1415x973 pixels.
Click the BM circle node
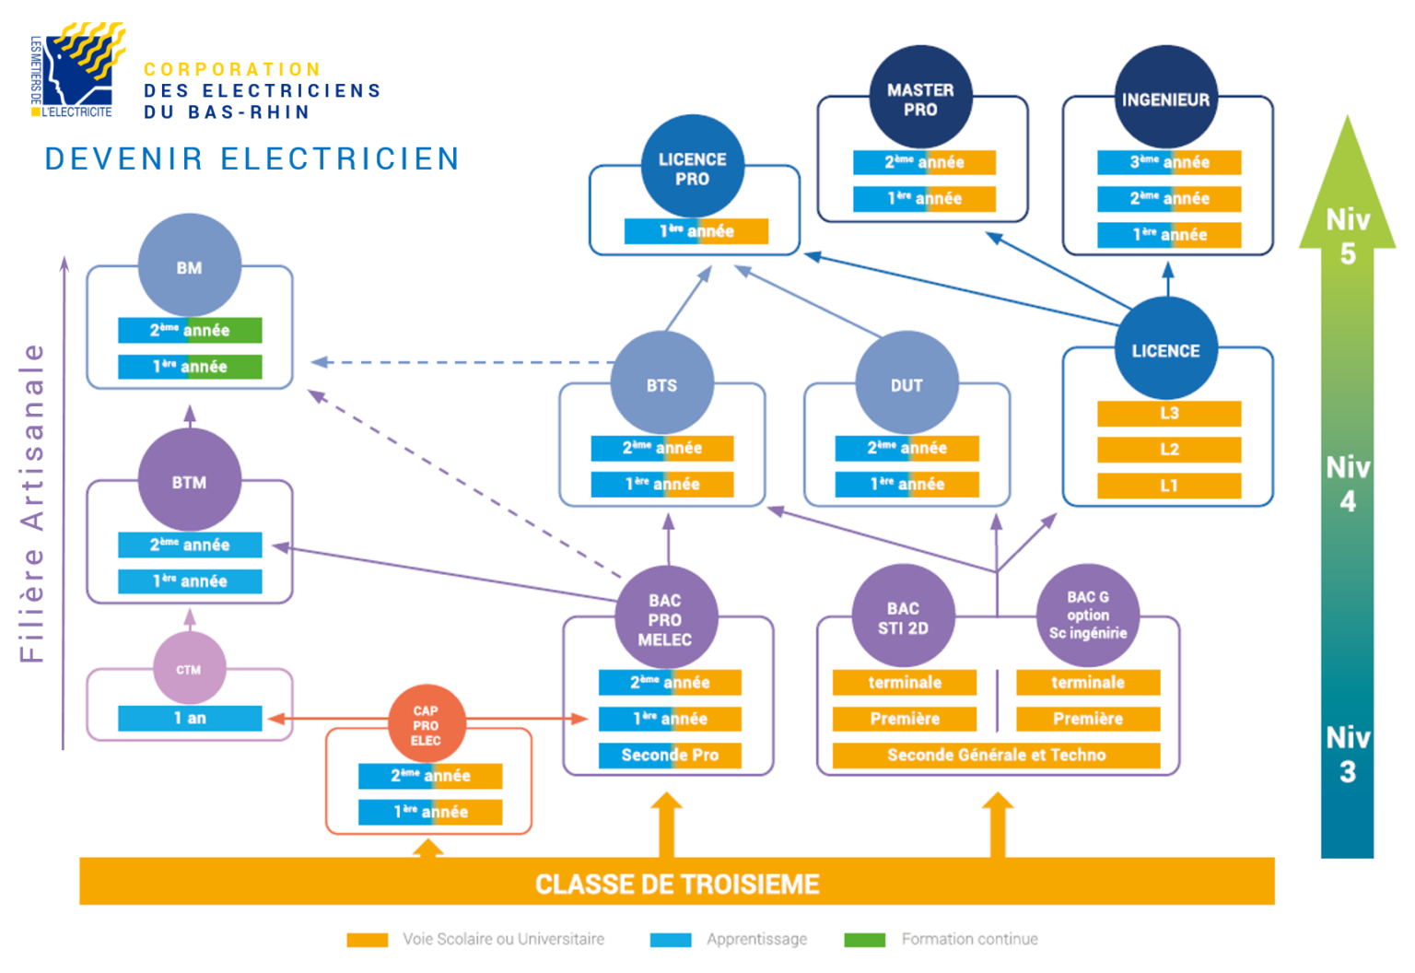(189, 266)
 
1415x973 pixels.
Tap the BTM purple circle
(189, 481)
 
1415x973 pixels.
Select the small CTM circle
(189, 669)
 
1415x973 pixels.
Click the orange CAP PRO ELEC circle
(426, 724)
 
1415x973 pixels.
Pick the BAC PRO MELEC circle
(664, 619)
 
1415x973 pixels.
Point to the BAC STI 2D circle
(903, 616)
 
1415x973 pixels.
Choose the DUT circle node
(906, 384)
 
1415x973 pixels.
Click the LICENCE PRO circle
(692, 168)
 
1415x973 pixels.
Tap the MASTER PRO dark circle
(920, 98)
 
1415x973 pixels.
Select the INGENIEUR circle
(1165, 98)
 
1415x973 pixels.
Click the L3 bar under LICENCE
(1168, 413)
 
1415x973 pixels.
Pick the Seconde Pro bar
(670, 755)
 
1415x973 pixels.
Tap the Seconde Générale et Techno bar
(996, 755)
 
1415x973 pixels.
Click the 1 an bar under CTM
(190, 718)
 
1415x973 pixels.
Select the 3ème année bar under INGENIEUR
(1168, 162)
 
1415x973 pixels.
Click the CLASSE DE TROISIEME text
(677, 884)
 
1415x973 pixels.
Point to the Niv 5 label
(1347, 236)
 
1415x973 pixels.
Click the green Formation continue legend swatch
(864, 940)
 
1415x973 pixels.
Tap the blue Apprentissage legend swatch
(670, 940)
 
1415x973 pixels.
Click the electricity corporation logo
(78, 71)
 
